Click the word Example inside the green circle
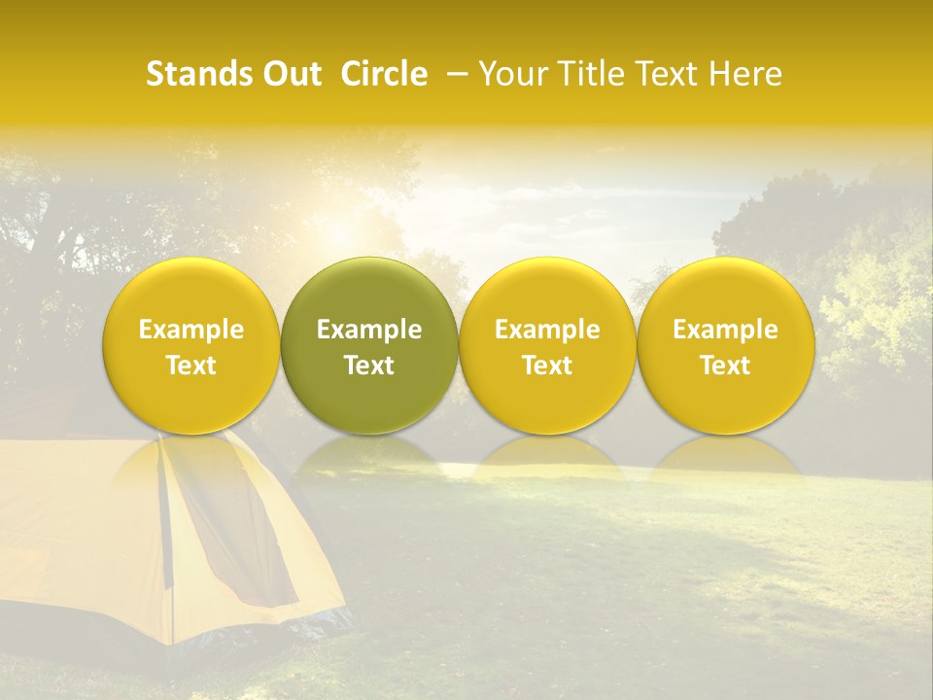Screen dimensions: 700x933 click(x=369, y=330)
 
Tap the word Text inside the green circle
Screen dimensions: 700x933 click(x=369, y=366)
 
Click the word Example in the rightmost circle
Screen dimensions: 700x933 click(x=725, y=330)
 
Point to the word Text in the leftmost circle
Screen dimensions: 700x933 click(x=191, y=366)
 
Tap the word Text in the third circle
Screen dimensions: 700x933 click(x=547, y=366)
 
